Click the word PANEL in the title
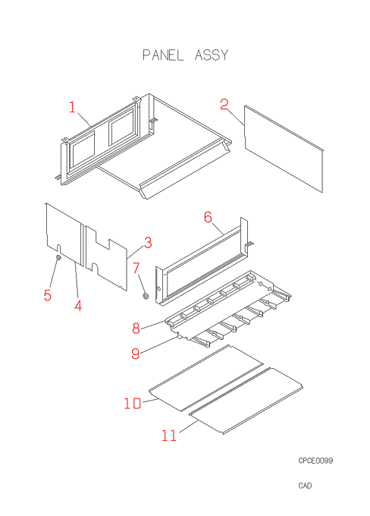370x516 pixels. click(163, 55)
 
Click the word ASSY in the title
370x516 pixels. click(211, 55)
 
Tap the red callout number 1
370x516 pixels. click(72, 107)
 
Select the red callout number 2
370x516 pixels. click(224, 104)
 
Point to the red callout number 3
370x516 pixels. click(148, 243)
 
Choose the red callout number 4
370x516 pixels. click(78, 306)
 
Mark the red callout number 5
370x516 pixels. click(48, 295)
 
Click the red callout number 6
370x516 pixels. click(208, 217)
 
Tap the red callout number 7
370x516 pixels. click(136, 268)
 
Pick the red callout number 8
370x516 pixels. click(136, 328)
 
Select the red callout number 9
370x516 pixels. click(135, 354)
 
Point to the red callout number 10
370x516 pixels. click(133, 403)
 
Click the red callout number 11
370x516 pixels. click(169, 436)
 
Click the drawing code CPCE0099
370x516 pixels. click(315, 461)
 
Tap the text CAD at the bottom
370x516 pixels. click(305, 486)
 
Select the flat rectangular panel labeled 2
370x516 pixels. click(284, 149)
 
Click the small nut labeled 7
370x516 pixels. click(145, 295)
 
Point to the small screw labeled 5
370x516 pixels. click(58, 258)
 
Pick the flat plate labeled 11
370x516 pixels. click(246, 401)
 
